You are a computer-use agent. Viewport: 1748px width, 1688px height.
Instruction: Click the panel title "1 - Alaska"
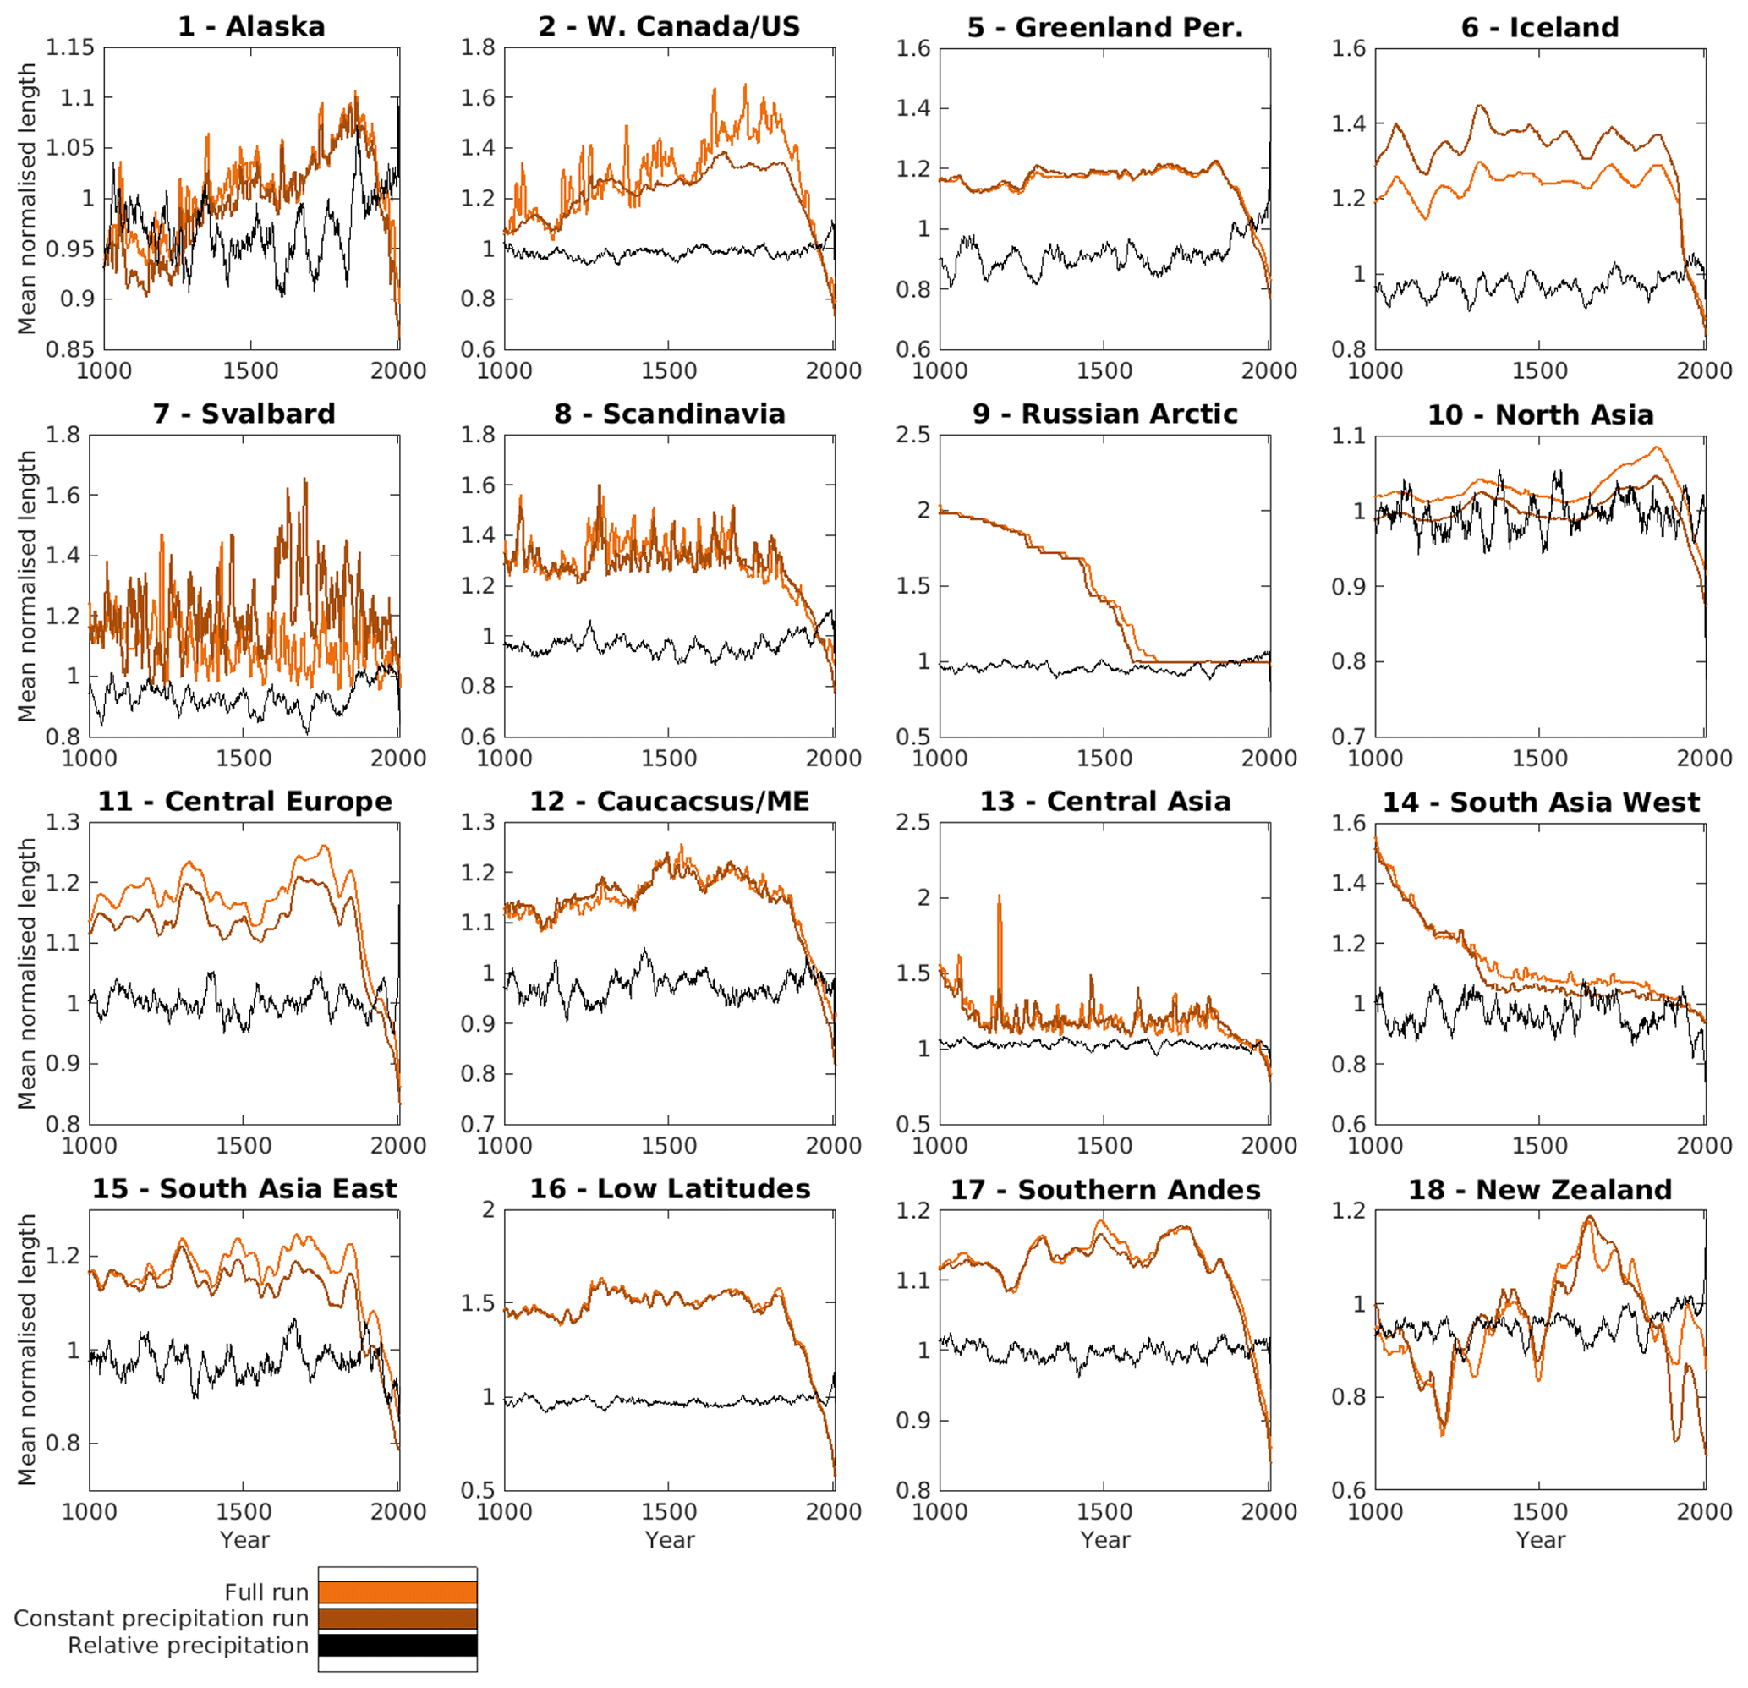[251, 27]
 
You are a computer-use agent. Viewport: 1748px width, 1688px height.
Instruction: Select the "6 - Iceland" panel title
[1539, 27]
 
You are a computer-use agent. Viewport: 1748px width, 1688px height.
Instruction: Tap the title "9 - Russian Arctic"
[1105, 414]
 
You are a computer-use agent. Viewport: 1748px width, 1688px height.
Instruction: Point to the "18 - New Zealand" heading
[1539, 1189]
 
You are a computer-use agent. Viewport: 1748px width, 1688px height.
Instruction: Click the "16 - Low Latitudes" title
[670, 1189]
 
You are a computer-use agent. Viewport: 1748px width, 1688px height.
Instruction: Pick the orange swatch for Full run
[397, 1592]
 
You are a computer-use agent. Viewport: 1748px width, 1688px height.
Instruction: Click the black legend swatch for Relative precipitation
[397, 1645]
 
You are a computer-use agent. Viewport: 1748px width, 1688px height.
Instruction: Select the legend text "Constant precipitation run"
[162, 1619]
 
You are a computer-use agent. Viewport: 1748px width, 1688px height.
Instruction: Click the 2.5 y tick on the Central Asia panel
[912, 822]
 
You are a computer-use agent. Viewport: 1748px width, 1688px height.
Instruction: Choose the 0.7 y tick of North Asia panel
[1349, 737]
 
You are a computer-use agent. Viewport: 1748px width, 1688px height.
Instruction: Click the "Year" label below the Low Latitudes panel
[670, 1540]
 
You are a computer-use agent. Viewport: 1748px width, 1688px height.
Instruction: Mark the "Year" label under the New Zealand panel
[1540, 1540]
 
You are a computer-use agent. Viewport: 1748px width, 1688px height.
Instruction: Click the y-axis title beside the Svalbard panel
[27, 586]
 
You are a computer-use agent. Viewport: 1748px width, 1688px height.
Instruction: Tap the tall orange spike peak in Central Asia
[999, 896]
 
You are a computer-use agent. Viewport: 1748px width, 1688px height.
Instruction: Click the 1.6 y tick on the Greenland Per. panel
[912, 48]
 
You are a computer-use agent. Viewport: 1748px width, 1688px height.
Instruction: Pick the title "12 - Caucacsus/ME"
[670, 801]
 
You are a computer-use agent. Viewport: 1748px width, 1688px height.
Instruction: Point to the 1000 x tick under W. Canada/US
[505, 371]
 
